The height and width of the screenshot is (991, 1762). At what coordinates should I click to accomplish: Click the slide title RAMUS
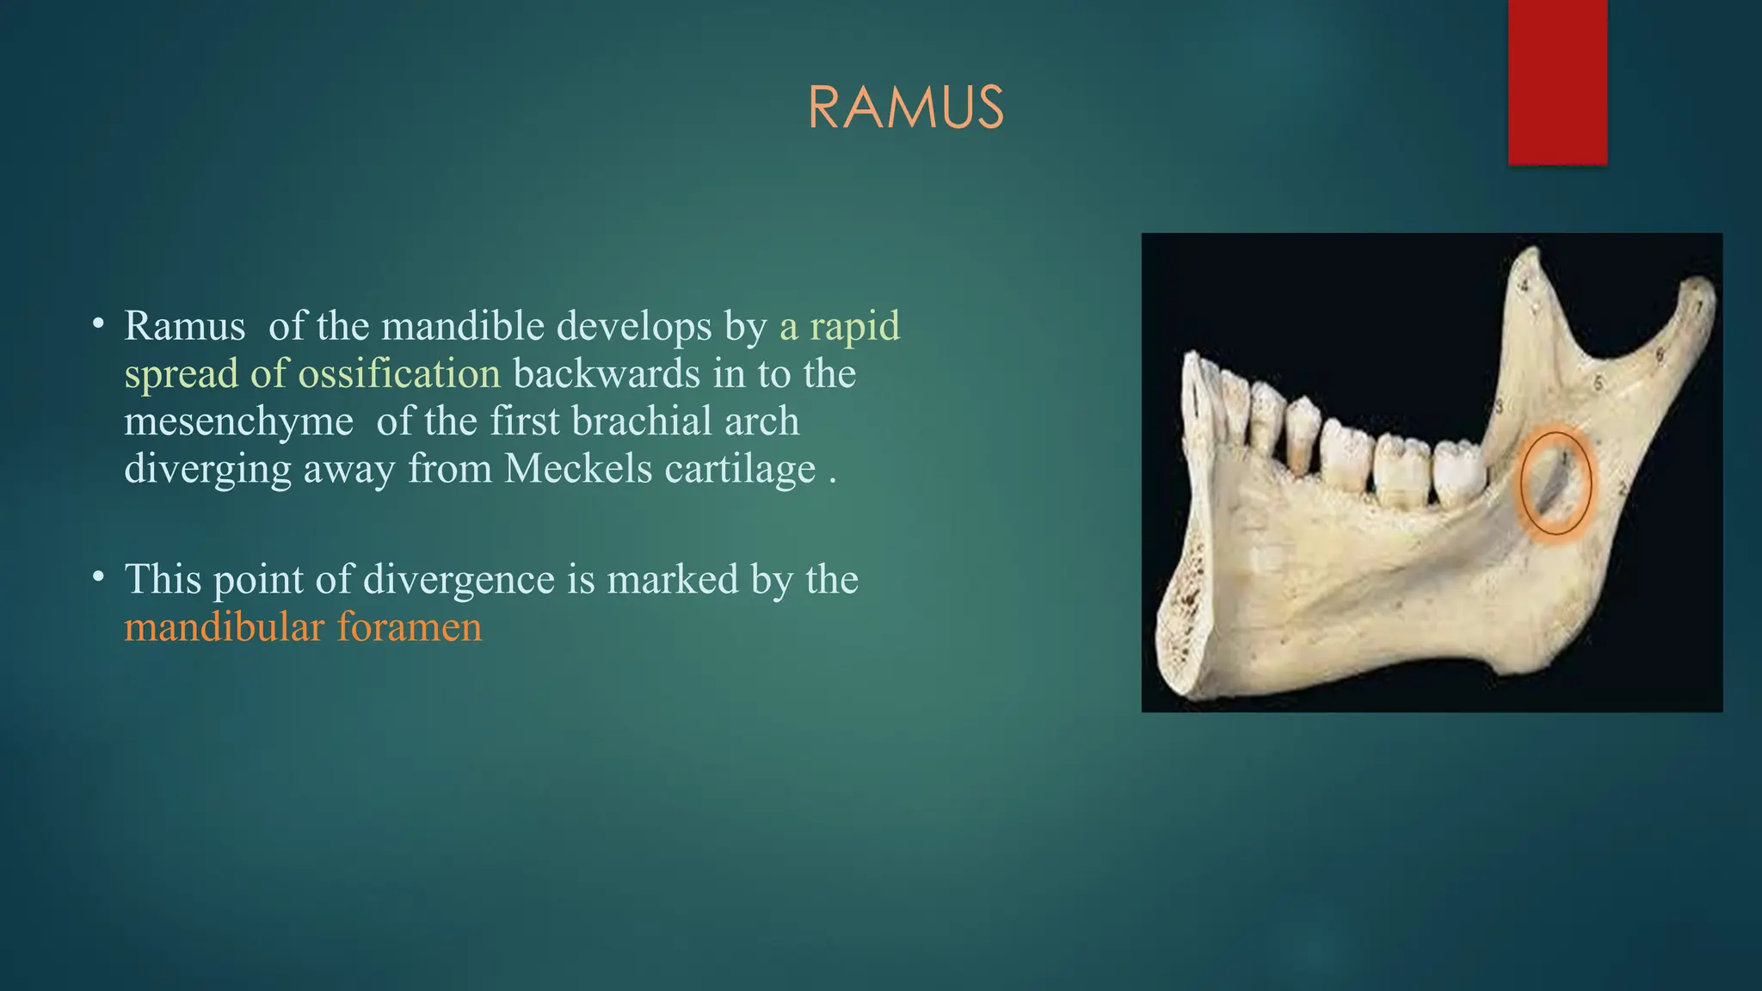pyautogui.click(x=906, y=108)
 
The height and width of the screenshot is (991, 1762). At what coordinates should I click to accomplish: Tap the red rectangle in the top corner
pyautogui.click(x=1557, y=82)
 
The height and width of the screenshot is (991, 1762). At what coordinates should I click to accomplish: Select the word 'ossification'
pyautogui.click(x=399, y=374)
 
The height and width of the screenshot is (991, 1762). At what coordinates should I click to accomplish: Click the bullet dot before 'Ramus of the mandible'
pyautogui.click(x=99, y=324)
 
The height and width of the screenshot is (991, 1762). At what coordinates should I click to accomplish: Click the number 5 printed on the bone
pyautogui.click(x=1599, y=384)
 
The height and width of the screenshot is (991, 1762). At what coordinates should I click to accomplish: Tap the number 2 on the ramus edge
pyautogui.click(x=1623, y=489)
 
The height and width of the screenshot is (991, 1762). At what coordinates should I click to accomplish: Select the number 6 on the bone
pyautogui.click(x=1660, y=354)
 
